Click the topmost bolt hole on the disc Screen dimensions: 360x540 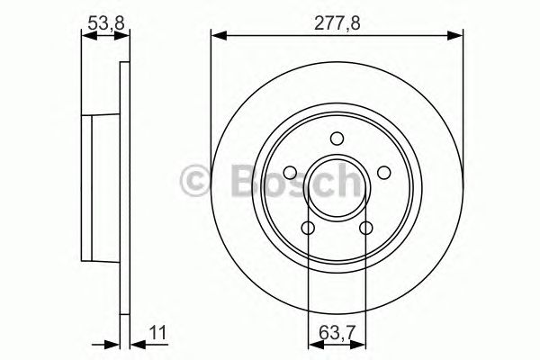coord(337,138)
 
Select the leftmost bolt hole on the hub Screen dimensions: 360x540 coord(290,173)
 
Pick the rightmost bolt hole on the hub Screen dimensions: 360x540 coord(383,173)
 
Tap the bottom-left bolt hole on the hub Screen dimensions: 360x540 coord(308,228)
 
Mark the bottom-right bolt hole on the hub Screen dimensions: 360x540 coord(365,228)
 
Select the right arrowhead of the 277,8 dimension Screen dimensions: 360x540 coord(456,35)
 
